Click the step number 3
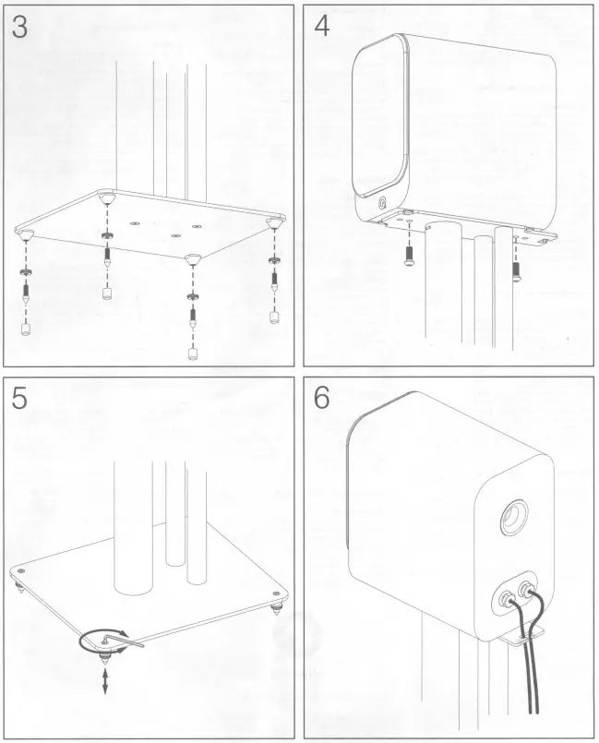coord(20,28)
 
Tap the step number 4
coord(322,26)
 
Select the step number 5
coord(19,398)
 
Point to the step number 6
coord(322,398)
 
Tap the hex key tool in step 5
coord(123,641)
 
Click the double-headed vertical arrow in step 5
coord(105,680)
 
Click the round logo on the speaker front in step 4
coord(383,204)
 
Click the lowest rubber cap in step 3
coord(192,354)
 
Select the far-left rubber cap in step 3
coord(26,330)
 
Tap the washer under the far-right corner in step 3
coord(273,259)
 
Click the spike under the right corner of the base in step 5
coord(276,607)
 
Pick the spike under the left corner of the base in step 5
coord(20,589)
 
